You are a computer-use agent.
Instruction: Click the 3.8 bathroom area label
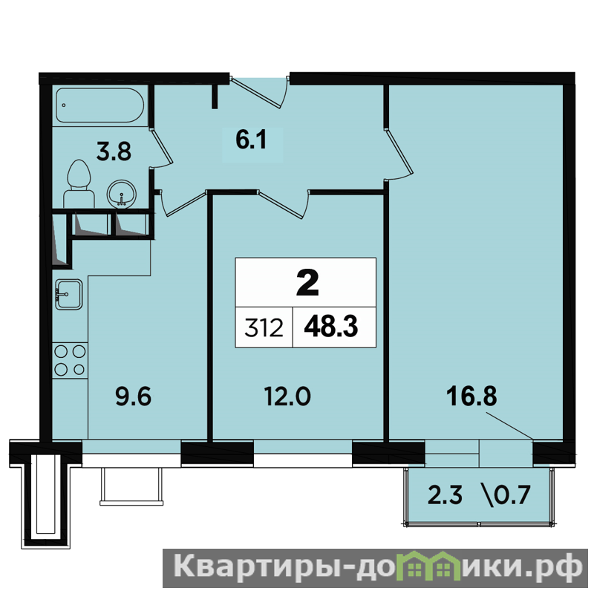(114, 151)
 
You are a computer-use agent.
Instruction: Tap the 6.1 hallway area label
(252, 140)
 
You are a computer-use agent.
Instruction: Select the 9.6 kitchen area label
(134, 397)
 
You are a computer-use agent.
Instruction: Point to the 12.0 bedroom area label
(287, 397)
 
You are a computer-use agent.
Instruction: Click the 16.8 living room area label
(471, 396)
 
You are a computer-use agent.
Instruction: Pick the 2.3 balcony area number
(445, 495)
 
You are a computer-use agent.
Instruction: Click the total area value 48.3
(330, 327)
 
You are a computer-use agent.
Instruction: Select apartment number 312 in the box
(264, 327)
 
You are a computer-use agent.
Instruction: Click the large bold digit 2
(307, 284)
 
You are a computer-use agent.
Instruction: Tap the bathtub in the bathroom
(100, 105)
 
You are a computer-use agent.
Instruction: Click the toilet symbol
(79, 183)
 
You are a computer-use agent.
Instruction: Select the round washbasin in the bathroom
(121, 193)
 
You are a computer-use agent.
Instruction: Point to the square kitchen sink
(68, 294)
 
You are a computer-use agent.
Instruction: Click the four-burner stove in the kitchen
(70, 360)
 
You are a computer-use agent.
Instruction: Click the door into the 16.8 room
(398, 154)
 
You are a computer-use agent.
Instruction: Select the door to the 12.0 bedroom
(283, 204)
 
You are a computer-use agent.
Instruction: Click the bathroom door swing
(161, 147)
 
